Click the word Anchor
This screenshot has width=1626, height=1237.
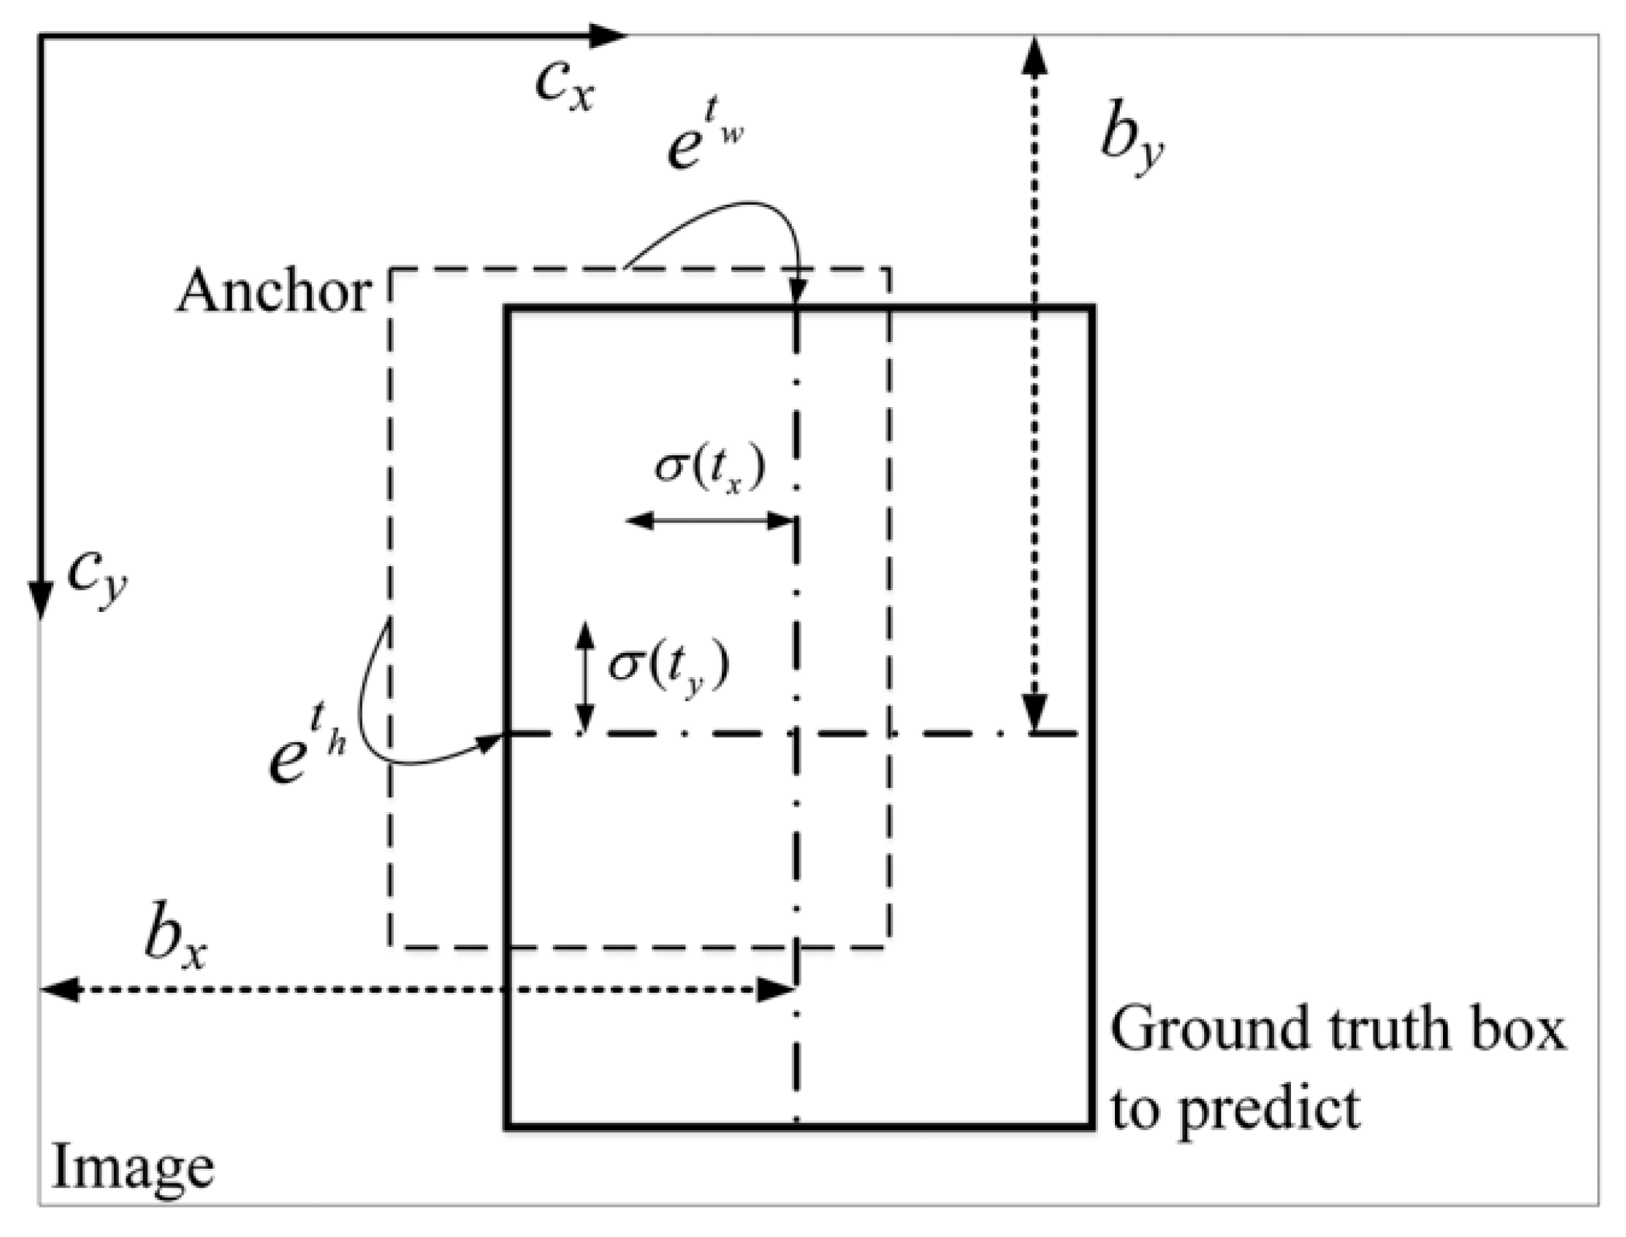click(x=273, y=293)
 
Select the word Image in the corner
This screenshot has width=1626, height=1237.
click(x=132, y=1169)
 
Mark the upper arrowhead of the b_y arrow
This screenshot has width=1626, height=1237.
click(x=1036, y=56)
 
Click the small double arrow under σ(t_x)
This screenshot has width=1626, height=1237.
click(x=709, y=521)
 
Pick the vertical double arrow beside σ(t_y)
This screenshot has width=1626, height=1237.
click(x=585, y=677)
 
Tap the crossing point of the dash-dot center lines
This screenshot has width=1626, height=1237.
click(x=796, y=733)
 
